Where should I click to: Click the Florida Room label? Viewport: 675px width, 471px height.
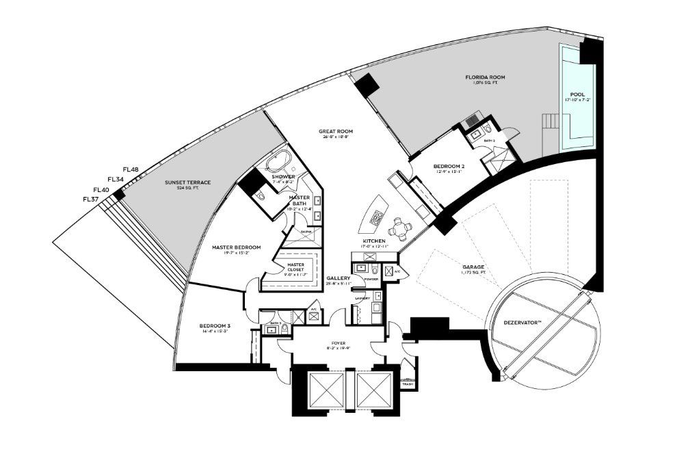click(x=487, y=78)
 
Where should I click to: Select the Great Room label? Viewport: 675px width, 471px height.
click(x=335, y=131)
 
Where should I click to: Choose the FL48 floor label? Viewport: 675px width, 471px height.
click(x=131, y=170)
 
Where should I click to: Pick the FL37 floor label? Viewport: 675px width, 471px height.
click(x=92, y=199)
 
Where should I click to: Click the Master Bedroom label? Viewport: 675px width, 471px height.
click(x=236, y=247)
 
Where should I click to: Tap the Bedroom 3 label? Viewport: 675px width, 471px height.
click(x=214, y=326)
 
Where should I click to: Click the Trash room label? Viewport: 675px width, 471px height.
click(x=408, y=385)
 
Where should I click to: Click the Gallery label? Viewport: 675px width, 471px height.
click(x=339, y=278)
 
